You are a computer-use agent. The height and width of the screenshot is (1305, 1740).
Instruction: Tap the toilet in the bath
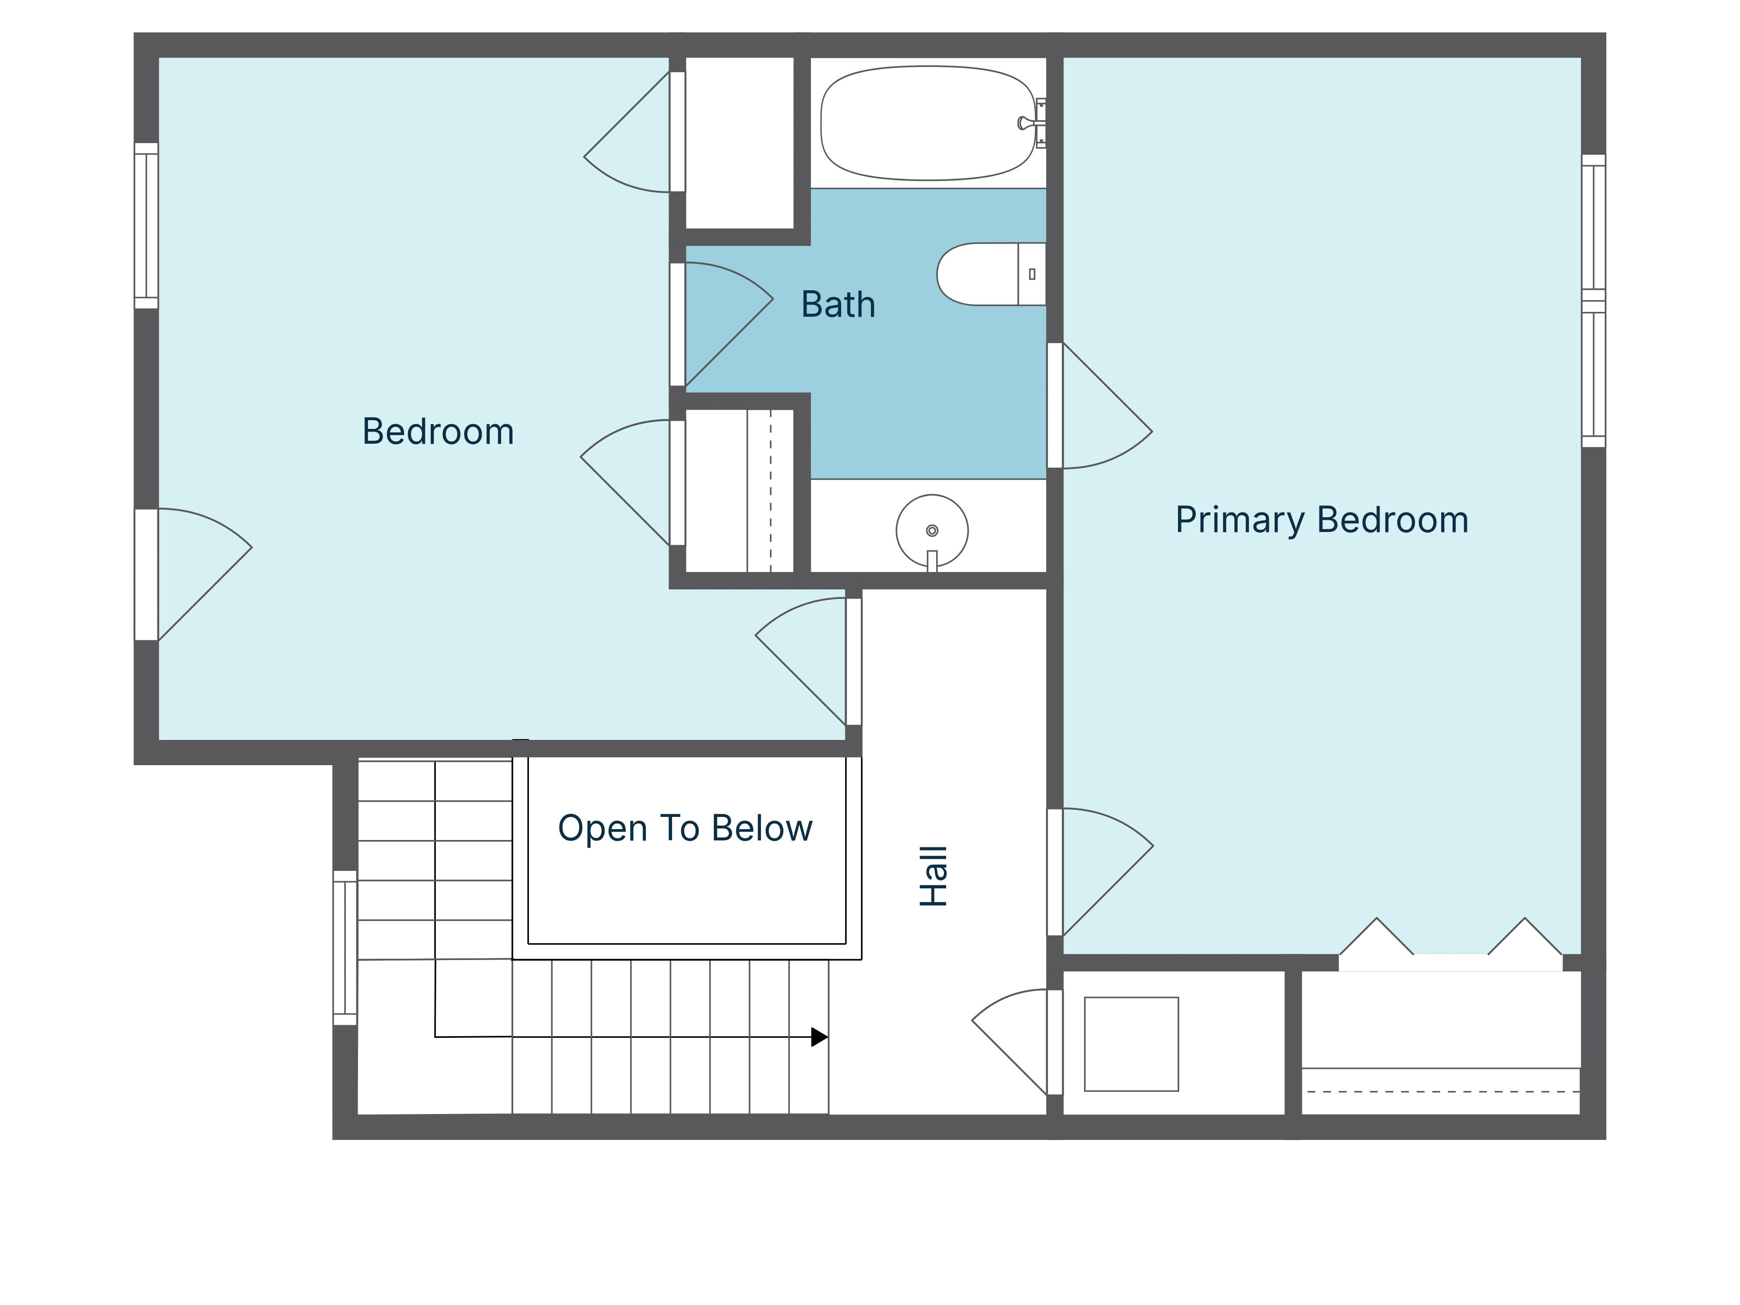tap(983, 274)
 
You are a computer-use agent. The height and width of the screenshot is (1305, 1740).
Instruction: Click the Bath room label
tap(838, 304)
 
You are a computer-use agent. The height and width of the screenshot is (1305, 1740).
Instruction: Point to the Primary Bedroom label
tap(1322, 520)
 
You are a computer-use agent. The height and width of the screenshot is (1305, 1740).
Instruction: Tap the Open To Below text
tap(684, 828)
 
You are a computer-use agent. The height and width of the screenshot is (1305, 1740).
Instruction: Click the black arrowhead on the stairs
tap(819, 1037)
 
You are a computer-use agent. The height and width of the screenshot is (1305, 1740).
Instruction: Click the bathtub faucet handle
tap(1024, 123)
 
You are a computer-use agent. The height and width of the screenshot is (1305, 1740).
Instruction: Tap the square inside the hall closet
tap(1131, 1044)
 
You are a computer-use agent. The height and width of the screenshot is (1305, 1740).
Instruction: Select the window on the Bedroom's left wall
tap(146, 226)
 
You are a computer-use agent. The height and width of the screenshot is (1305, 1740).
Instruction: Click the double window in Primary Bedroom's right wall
tap(1593, 301)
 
